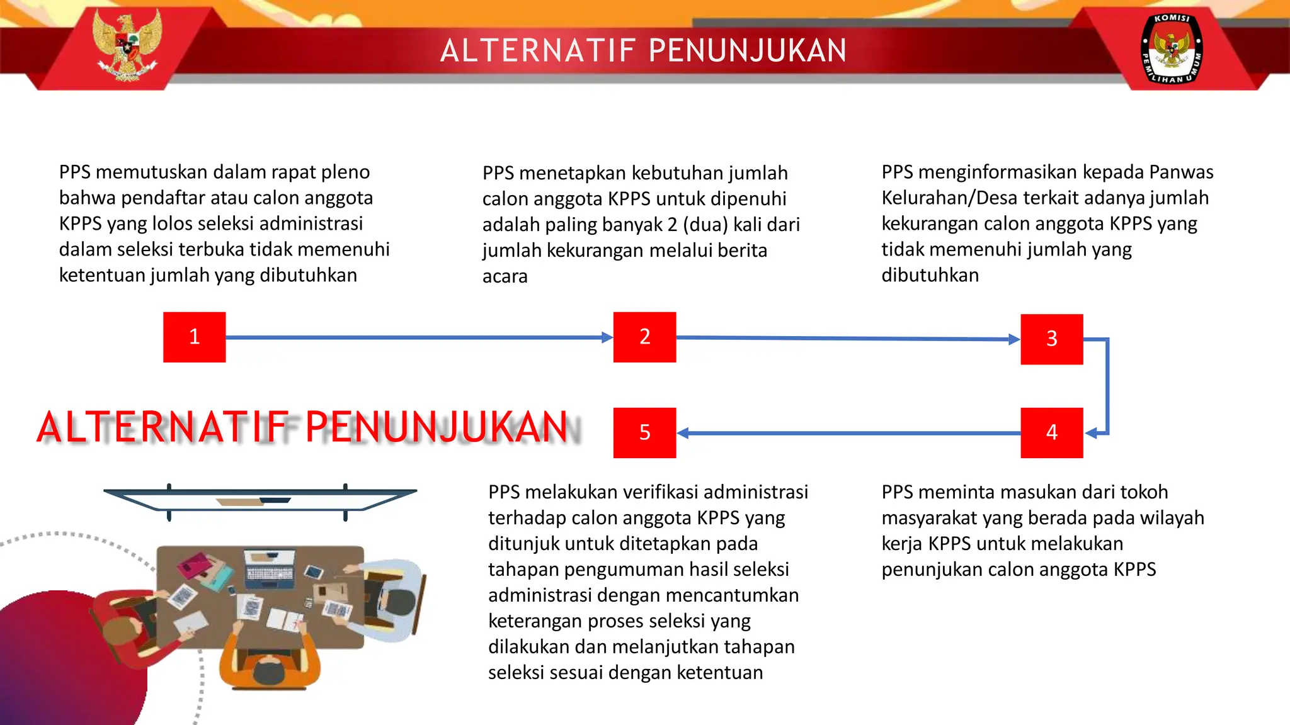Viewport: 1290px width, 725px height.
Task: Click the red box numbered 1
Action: pos(194,337)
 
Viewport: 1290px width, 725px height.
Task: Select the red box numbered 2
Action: pos(644,337)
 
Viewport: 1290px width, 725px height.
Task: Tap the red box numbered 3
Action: pos(1051,339)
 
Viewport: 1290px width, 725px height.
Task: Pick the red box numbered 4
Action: pos(1051,432)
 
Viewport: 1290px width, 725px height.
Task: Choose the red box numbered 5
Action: pos(644,432)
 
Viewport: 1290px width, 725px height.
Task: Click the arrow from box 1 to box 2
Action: pos(416,337)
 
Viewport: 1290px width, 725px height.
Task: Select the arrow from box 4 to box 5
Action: pos(847,433)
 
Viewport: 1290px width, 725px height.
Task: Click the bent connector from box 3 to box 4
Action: pos(1107,385)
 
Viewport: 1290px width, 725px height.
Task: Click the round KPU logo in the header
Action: pos(1172,48)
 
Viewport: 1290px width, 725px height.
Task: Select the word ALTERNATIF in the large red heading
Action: pos(162,427)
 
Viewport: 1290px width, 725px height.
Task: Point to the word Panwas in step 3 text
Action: pos(1181,172)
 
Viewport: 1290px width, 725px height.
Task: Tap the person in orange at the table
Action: pos(270,661)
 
